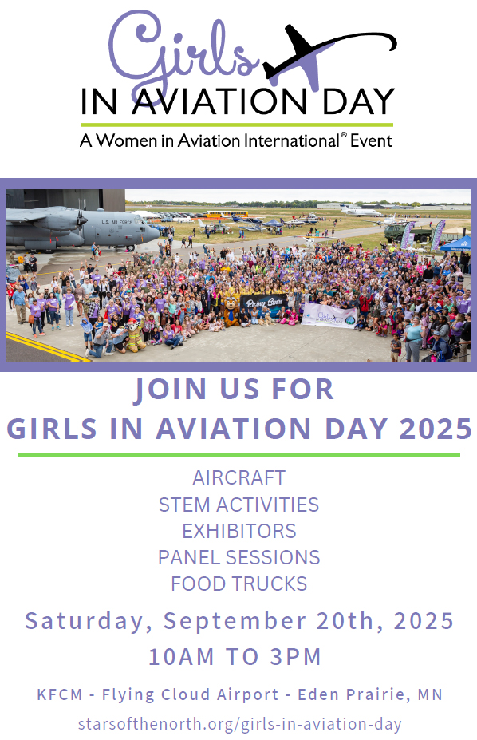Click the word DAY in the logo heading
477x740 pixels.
358,101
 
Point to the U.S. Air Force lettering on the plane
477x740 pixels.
117,222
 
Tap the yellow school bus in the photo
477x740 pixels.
227,214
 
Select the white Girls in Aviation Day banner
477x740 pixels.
329,316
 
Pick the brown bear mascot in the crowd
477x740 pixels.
231,311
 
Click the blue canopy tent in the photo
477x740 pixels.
456,243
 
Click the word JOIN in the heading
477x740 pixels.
171,390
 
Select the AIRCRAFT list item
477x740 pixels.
239,477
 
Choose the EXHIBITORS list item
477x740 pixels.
239,531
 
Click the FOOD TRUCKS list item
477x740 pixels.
239,584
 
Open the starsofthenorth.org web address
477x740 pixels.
240,723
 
